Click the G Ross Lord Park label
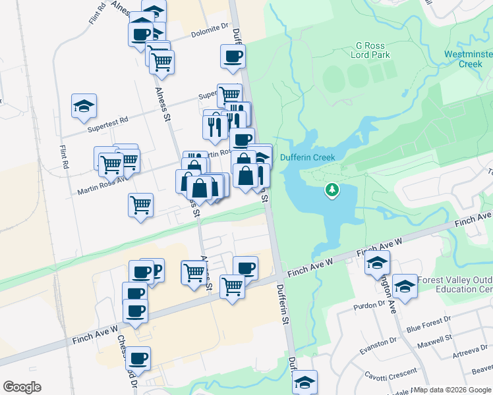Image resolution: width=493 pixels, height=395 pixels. pos(373,50)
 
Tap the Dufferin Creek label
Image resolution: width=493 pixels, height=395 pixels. pos(308,157)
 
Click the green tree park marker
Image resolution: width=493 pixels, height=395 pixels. pos(333,190)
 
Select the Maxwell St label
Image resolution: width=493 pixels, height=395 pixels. pos(434,342)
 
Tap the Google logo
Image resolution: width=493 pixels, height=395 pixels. pos(22,387)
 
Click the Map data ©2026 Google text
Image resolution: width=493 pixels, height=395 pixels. pos(451,390)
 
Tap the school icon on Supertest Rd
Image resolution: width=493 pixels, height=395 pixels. pos(84,105)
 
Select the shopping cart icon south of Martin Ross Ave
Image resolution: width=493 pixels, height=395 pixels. pos(140,205)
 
